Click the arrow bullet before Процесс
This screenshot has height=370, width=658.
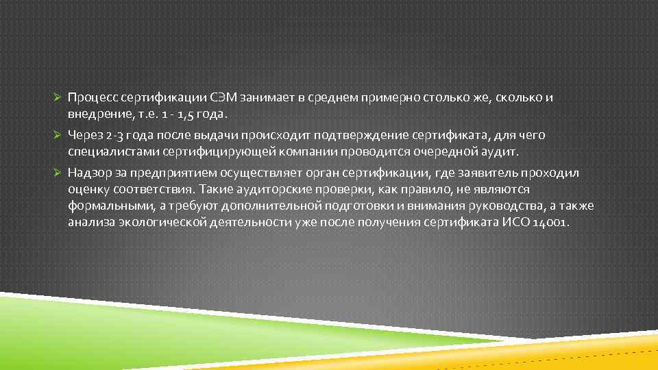[x=59, y=98]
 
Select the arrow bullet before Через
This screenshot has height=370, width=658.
[x=59, y=136]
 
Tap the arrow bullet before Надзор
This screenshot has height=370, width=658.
[x=59, y=173]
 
